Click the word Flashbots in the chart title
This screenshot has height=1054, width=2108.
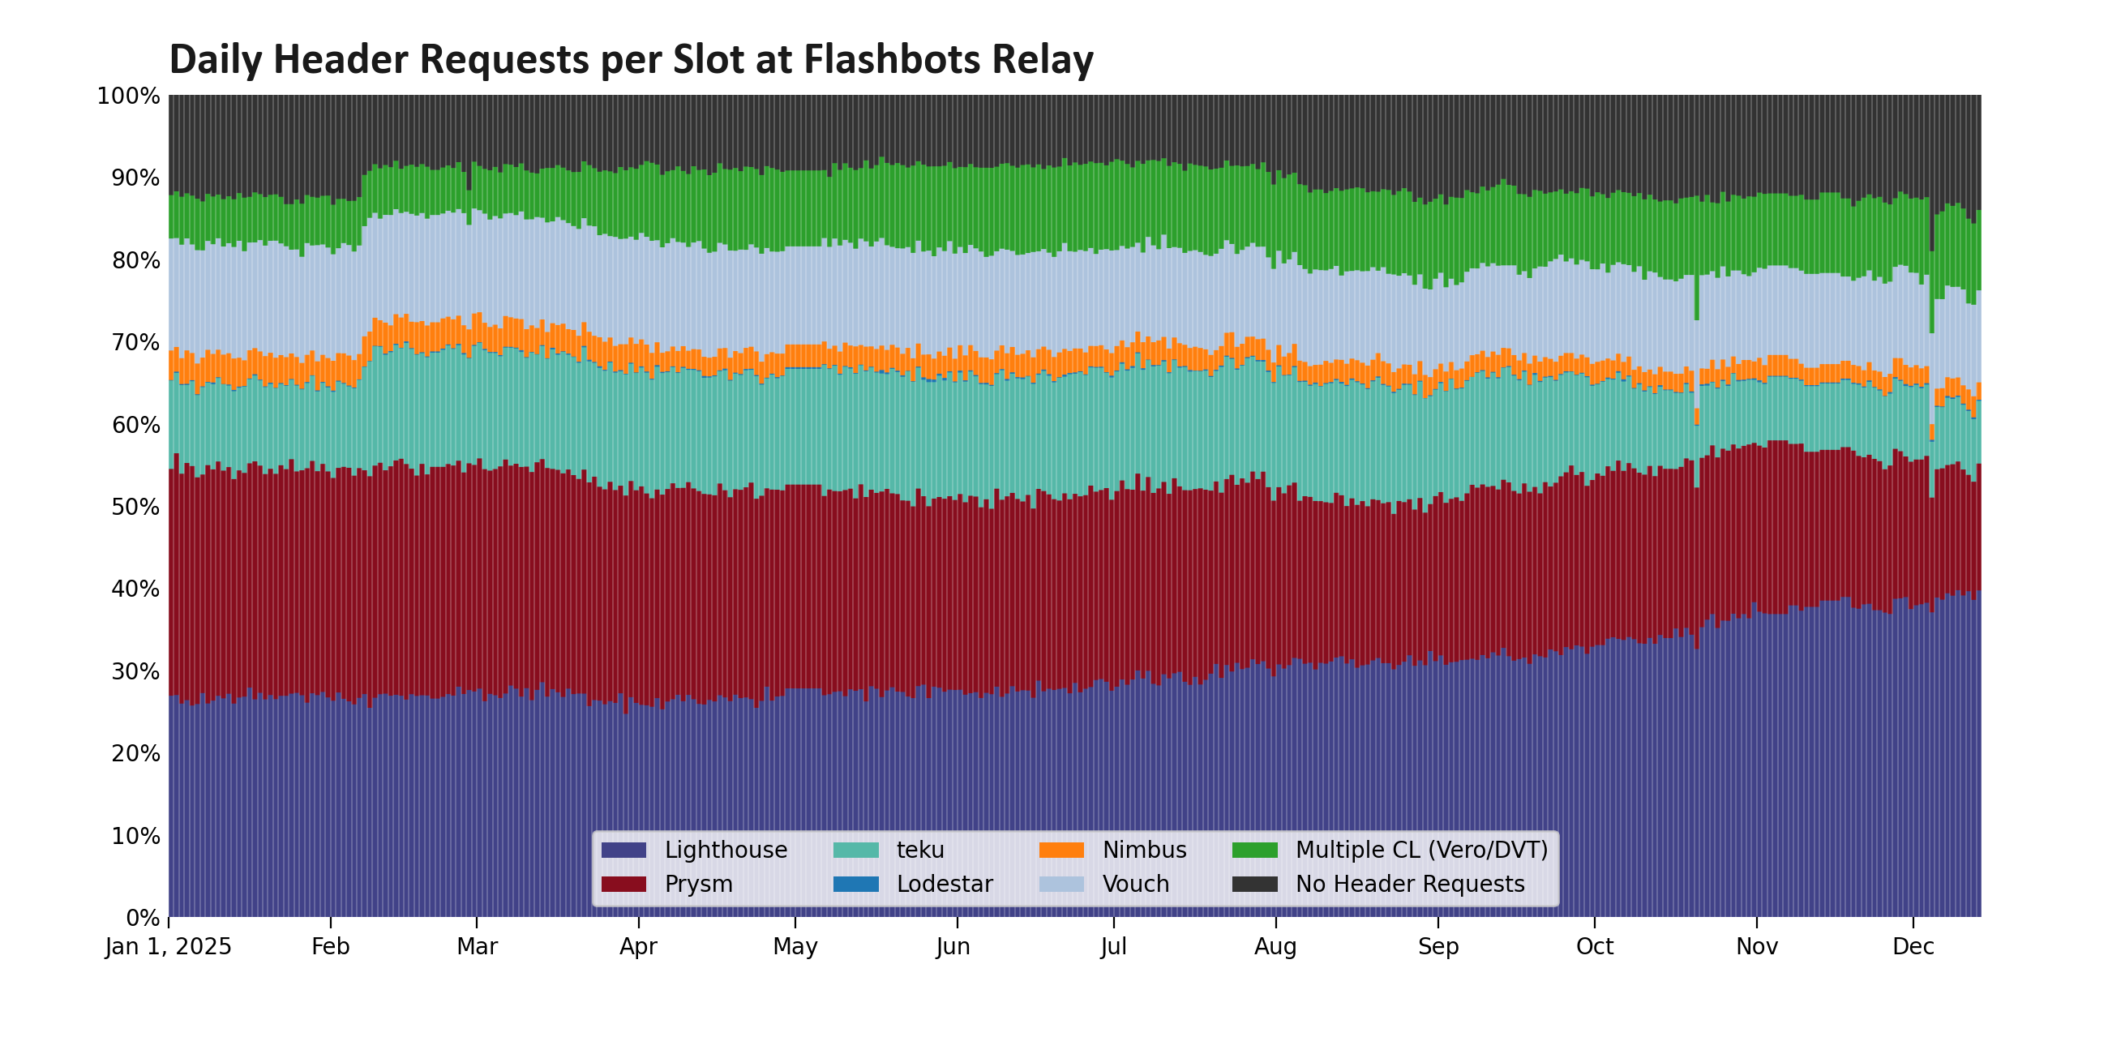click(891, 60)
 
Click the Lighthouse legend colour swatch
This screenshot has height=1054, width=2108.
click(623, 850)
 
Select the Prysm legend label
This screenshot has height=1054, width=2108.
click(698, 885)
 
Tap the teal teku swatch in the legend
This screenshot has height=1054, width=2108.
click(855, 850)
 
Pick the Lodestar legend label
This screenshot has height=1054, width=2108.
click(945, 885)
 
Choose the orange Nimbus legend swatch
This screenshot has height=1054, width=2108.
click(1061, 850)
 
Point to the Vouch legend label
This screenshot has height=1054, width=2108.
click(1136, 885)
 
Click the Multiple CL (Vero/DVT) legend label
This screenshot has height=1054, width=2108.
click(1421, 850)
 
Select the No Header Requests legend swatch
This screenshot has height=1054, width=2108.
click(1254, 885)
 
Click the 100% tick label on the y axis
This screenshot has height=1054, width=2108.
click(127, 96)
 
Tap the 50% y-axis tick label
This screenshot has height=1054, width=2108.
click(135, 508)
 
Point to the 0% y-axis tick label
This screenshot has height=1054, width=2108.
click(143, 918)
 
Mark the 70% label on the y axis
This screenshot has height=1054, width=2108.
click(135, 343)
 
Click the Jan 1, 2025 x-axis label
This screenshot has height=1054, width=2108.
click(169, 948)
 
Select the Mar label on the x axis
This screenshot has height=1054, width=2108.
click(477, 948)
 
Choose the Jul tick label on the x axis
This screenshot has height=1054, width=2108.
click(1113, 948)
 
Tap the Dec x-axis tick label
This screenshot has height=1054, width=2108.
click(1913, 948)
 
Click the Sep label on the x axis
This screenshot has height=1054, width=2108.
click(1437, 948)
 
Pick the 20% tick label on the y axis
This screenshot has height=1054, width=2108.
click(135, 754)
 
